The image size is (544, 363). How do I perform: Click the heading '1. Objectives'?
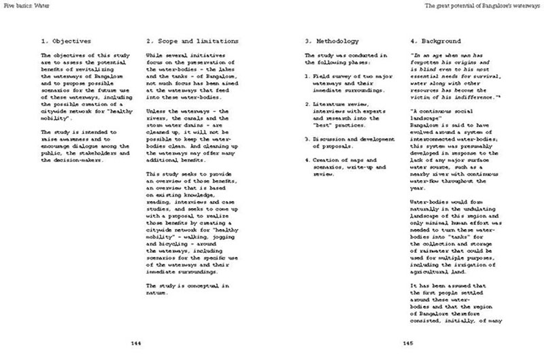(67, 41)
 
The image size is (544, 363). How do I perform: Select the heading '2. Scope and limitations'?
(192, 41)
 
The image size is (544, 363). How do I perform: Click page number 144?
(136, 343)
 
